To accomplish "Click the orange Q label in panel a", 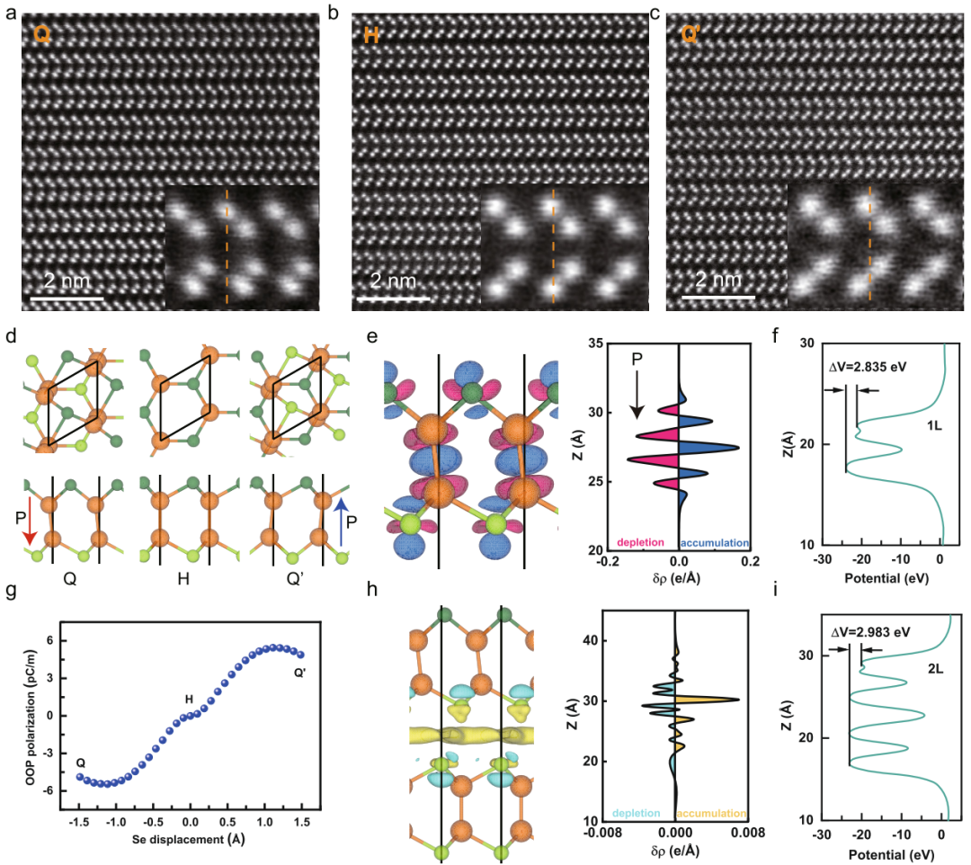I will click(41, 35).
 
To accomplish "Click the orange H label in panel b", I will click(371, 35).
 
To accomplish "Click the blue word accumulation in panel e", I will click(716, 543).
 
